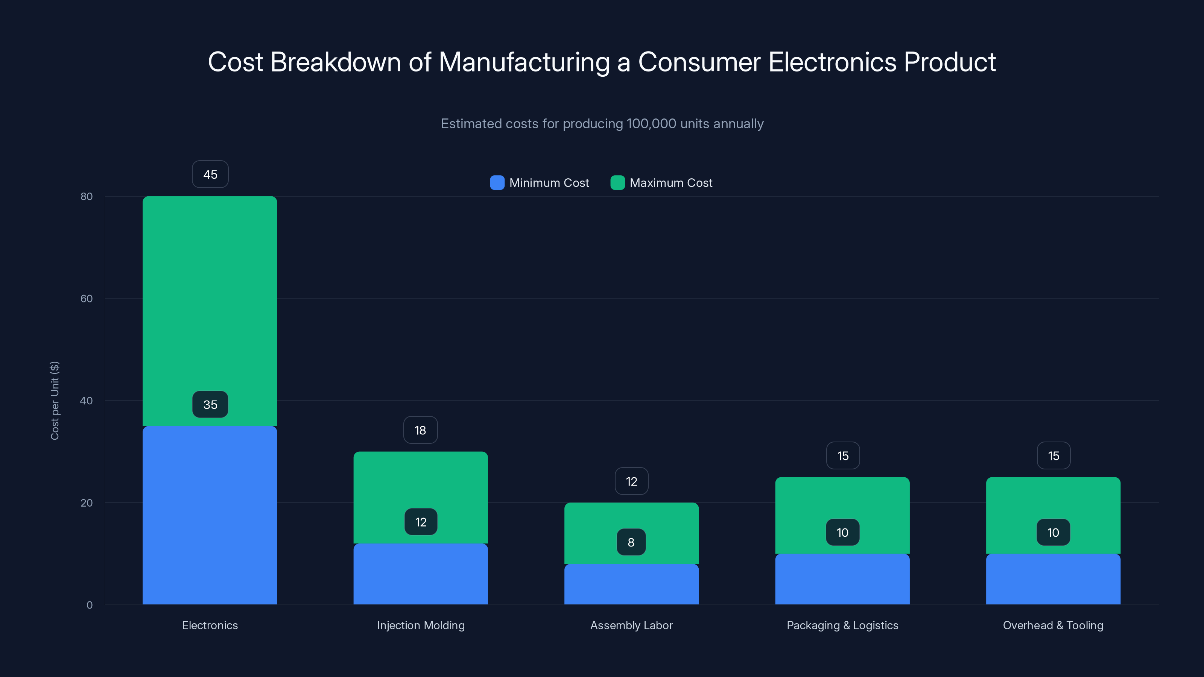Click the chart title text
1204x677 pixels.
pos(602,62)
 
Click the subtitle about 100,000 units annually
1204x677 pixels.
pos(602,124)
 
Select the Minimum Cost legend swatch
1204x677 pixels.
pos(497,183)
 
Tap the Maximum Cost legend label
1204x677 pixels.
pos(671,183)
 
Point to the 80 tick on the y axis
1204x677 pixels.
pos(87,196)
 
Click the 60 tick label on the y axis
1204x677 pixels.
pos(87,299)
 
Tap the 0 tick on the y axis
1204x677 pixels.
pos(89,605)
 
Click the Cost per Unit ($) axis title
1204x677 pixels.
pos(55,401)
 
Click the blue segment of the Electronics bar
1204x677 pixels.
pos(210,514)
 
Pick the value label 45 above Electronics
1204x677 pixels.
pos(210,174)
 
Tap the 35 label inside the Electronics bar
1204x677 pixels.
pos(210,405)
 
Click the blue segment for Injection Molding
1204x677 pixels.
pos(420,575)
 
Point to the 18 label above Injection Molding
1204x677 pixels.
pos(420,430)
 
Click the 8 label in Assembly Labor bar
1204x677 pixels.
pos(631,542)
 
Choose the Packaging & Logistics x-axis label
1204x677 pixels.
pos(842,625)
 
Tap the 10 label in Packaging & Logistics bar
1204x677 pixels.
pos(842,533)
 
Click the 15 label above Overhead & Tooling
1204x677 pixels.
pos(1053,456)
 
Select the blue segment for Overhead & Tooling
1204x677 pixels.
pos(1053,579)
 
